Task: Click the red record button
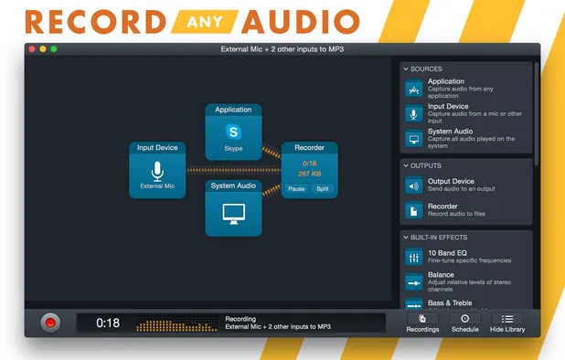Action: pos(51,322)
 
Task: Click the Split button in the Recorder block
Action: pos(322,189)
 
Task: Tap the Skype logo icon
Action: pos(234,131)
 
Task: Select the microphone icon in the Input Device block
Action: pos(157,170)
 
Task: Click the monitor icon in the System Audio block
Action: pos(234,212)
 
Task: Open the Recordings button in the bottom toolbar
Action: pos(422,322)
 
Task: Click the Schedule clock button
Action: pos(464,322)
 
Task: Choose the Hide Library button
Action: pos(507,322)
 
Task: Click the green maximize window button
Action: pos(54,48)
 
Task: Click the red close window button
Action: pos(32,48)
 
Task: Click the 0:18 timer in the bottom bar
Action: pos(108,323)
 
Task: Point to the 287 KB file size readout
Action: pos(309,173)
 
